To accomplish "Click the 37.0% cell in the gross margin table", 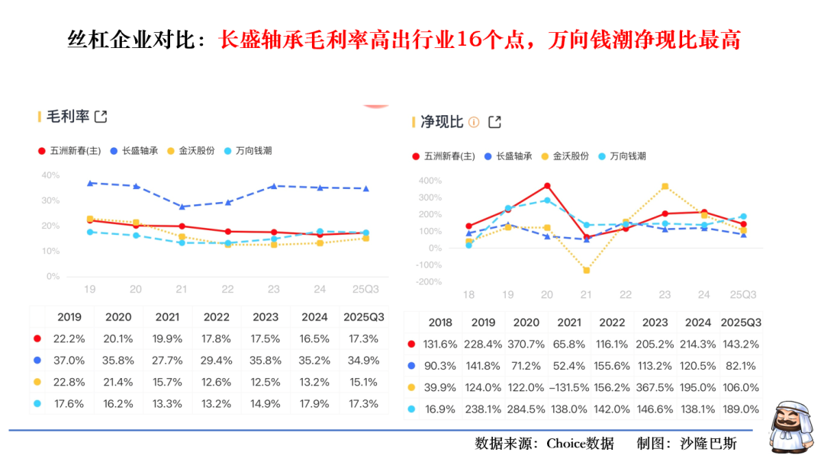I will (x=69, y=361).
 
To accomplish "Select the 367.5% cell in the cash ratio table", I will (x=655, y=387).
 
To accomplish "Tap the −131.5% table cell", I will (x=568, y=387).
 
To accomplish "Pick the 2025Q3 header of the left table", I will (x=364, y=317).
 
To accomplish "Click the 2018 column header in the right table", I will (x=441, y=322).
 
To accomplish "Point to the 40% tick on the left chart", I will (x=50, y=175).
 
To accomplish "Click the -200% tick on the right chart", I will (x=428, y=281).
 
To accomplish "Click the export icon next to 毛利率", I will (x=100, y=117).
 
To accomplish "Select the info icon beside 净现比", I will (x=474, y=122).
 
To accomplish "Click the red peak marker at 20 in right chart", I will (x=547, y=186).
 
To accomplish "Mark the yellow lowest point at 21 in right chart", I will (x=587, y=271).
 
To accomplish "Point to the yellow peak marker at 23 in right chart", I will (x=665, y=186).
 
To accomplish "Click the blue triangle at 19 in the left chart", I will (x=90, y=183).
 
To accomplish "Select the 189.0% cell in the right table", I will (x=740, y=409).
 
